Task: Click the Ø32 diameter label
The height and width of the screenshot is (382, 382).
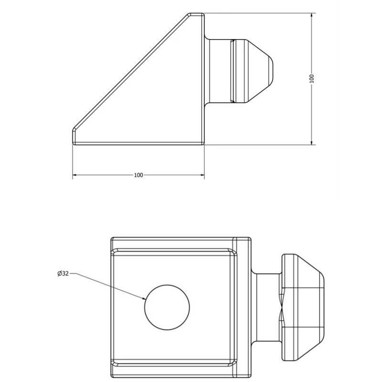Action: pyautogui.click(x=63, y=274)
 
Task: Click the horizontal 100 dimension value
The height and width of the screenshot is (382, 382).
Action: pyautogui.click(x=138, y=175)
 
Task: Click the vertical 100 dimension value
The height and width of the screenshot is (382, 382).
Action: pyautogui.click(x=312, y=79)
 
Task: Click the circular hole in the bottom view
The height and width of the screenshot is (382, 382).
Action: pyautogui.click(x=167, y=307)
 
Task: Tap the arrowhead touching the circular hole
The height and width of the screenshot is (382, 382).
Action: pyautogui.click(x=144, y=297)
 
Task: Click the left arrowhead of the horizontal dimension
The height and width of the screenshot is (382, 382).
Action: pyautogui.click(x=75, y=175)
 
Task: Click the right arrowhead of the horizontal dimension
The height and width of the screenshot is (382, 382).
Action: pyautogui.click(x=202, y=175)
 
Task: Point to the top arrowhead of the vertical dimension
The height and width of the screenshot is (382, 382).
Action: pyautogui.click(x=312, y=16)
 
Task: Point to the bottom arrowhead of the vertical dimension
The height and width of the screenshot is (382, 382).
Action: pyautogui.click(x=312, y=142)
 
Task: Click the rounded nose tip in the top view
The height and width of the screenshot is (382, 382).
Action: pyautogui.click(x=273, y=71)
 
